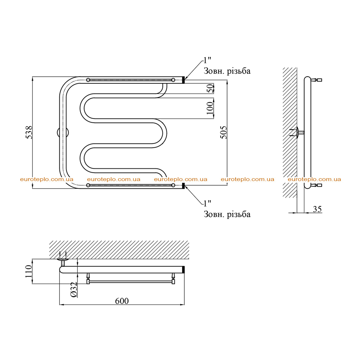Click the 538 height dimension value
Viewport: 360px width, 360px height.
point(29,132)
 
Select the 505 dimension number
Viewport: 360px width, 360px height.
point(223,132)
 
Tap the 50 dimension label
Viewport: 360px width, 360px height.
point(210,88)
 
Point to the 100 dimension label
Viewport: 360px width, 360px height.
point(210,108)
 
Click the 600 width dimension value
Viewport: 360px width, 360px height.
point(122,301)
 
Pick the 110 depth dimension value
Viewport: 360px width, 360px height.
point(28,271)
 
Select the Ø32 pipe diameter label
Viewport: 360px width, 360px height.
point(74,290)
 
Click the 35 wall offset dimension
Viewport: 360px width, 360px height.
point(317,209)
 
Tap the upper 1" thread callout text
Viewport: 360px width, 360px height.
point(207,60)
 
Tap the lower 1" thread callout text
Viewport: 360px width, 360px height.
point(207,203)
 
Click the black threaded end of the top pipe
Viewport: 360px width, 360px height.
point(183,80)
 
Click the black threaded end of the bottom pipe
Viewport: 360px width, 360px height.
point(183,185)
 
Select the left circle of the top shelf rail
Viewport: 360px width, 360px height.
point(88,80)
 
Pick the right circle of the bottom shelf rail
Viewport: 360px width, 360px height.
point(173,185)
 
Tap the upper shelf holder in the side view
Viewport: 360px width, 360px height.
point(316,80)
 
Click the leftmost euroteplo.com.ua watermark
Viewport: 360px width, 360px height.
point(47,179)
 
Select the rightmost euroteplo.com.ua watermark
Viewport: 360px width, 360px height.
point(314,179)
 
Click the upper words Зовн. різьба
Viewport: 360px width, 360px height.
point(227,71)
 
